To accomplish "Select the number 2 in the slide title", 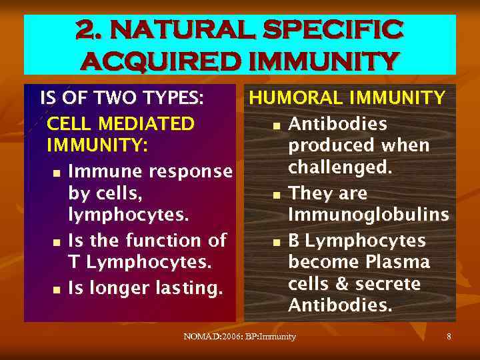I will [x=85, y=29].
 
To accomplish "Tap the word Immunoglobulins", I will [x=368, y=215].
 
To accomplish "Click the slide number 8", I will [x=449, y=337].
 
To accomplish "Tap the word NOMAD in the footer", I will [x=200, y=337].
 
